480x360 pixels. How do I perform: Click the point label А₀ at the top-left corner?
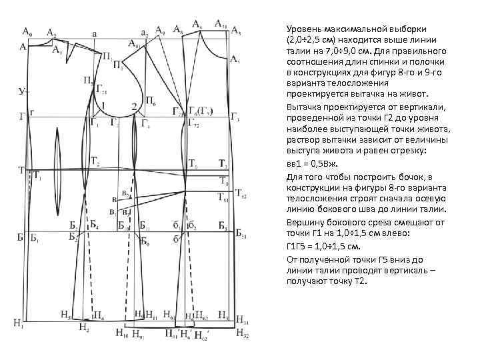click(x=27, y=31)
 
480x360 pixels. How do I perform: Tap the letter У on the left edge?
click(x=22, y=90)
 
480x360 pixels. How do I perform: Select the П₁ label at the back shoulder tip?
click(x=107, y=57)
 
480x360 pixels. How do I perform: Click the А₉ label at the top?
click(x=160, y=30)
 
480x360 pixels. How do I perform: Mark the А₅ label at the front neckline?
click(x=234, y=59)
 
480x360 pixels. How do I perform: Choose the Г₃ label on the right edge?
click(x=234, y=117)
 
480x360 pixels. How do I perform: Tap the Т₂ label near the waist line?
click(x=95, y=164)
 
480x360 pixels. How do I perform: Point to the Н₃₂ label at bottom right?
click(x=241, y=333)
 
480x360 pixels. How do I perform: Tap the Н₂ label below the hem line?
click(x=83, y=327)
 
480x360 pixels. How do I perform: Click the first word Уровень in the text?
click(x=304, y=31)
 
